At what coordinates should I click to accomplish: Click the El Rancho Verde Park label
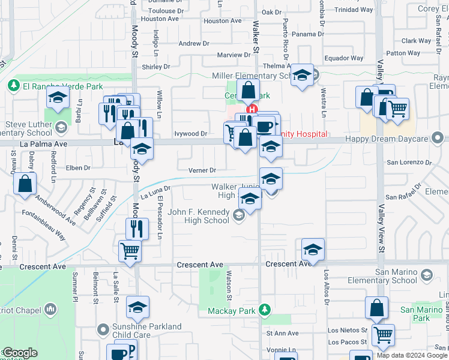55,86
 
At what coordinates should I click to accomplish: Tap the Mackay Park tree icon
263,310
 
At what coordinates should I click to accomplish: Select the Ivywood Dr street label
190,134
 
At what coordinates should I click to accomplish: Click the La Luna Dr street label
156,191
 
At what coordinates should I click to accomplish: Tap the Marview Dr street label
233,55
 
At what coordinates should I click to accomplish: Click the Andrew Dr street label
193,44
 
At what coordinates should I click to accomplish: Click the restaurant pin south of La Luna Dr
137,228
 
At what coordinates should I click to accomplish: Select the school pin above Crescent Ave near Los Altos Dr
313,249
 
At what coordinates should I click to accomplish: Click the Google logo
20,353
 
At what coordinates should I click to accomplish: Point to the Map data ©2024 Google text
411,355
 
